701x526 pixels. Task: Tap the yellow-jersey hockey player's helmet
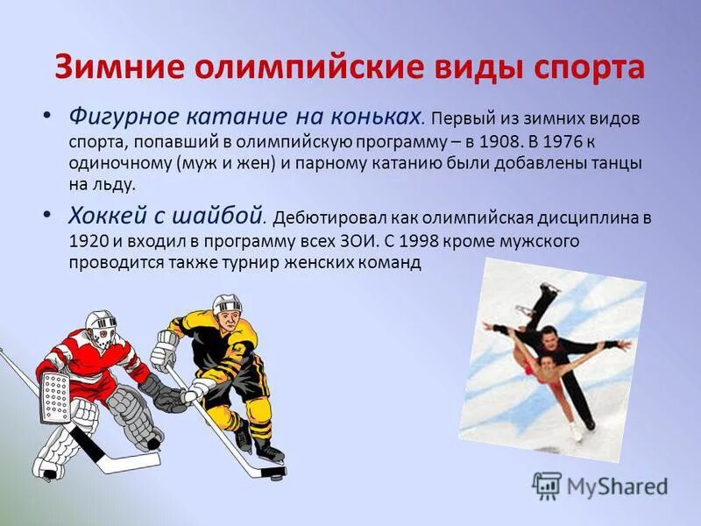[x=226, y=305]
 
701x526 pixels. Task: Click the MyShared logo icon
[x=547, y=485]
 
